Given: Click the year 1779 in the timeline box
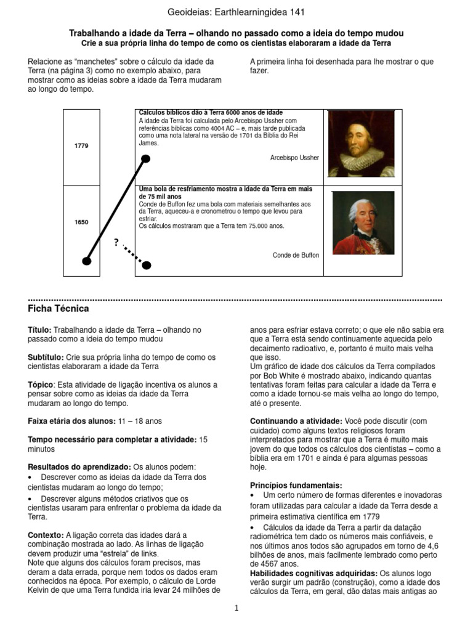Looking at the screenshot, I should coord(81,146).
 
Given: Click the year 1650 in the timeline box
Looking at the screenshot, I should coord(81,222).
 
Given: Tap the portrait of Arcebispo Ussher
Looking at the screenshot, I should coord(362,144).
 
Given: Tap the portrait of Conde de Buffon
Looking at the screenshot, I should coord(363,223).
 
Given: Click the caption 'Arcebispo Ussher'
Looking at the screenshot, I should coord(294,158).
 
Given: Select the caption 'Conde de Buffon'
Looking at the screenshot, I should coord(296,255).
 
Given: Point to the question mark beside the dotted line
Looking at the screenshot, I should coord(116,242).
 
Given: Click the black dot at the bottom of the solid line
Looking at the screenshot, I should coord(87,262).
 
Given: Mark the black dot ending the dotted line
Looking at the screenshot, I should coord(146,265).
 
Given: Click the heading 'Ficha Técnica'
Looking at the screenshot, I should coord(59,308).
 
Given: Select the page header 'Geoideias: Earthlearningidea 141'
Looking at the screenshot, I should coord(236,12).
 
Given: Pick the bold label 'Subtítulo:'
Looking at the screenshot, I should coord(46,357).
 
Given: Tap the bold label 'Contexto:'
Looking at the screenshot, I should coord(46,535).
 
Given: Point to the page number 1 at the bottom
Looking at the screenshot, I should coord(236,608).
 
